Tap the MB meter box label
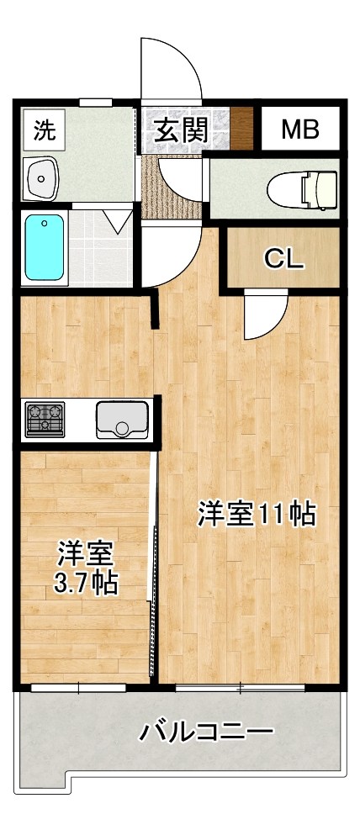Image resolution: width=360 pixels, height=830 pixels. (x=299, y=130)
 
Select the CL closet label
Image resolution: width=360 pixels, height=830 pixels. (x=283, y=259)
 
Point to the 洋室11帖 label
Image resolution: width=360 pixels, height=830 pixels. (x=257, y=514)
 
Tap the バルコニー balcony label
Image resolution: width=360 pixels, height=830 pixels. (x=206, y=731)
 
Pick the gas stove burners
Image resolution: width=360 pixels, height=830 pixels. (x=45, y=418)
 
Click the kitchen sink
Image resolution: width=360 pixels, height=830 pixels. (x=123, y=419)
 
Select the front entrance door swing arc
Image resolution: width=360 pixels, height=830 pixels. (x=172, y=71)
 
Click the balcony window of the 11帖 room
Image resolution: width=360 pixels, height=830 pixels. (x=241, y=689)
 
